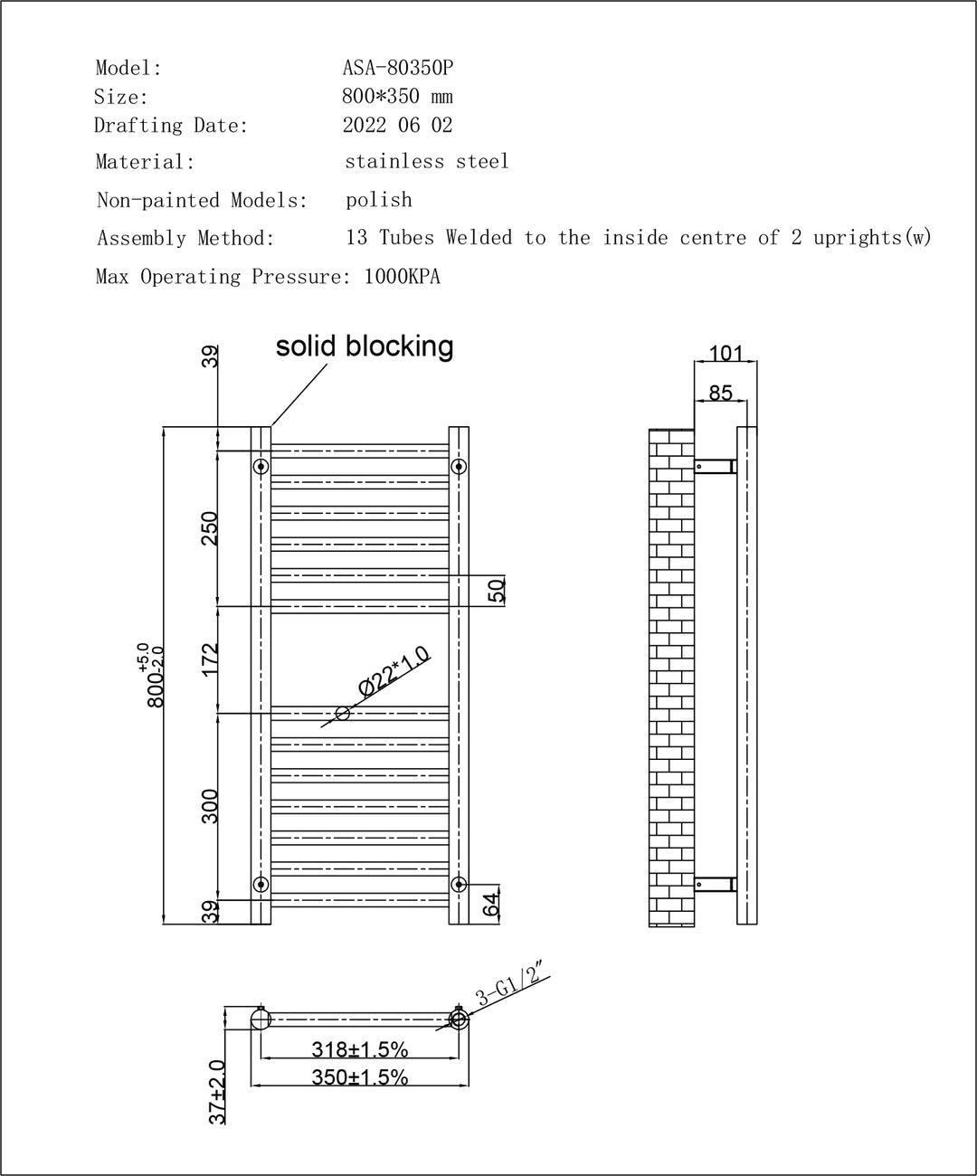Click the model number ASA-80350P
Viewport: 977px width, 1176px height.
pyautogui.click(x=397, y=68)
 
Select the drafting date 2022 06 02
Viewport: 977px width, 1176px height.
pyautogui.click(x=397, y=125)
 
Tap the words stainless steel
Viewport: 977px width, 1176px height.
pyautogui.click(x=427, y=162)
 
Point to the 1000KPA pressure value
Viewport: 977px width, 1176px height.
pyautogui.click(x=402, y=277)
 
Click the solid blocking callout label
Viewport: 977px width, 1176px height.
pyautogui.click(x=365, y=346)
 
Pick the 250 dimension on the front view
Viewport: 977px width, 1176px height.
pyautogui.click(x=210, y=527)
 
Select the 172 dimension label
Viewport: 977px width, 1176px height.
pyautogui.click(x=210, y=659)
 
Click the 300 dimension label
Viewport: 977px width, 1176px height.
pyautogui.click(x=210, y=806)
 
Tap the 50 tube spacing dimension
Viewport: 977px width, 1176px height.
pyautogui.click(x=496, y=591)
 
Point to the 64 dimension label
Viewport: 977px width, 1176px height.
pyautogui.click(x=491, y=906)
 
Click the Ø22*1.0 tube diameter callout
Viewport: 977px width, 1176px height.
pyautogui.click(x=394, y=672)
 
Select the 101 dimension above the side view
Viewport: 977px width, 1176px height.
pyautogui.click(x=726, y=354)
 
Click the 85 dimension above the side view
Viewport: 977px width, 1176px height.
pyautogui.click(x=721, y=393)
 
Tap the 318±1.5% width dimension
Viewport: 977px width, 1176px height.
pyautogui.click(x=360, y=1049)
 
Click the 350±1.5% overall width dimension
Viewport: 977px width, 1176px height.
pyautogui.click(x=360, y=1076)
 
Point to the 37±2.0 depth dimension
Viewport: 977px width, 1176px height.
pyautogui.click(x=217, y=1092)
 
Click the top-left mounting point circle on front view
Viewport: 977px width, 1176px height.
pyautogui.click(x=261, y=467)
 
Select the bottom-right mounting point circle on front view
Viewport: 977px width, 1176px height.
pyautogui.click(x=459, y=884)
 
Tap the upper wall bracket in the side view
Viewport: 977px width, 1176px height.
pyautogui.click(x=716, y=467)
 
